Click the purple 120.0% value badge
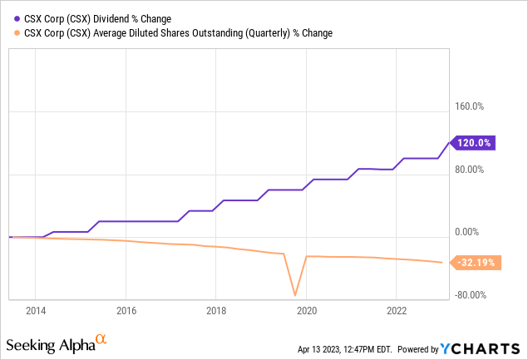pos(474,143)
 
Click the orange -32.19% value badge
pos(476,263)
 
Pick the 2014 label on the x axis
pos(35,311)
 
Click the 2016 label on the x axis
pos(126,311)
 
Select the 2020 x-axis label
pos(306,311)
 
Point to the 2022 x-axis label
pos(397,311)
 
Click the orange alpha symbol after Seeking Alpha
pos(101,339)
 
